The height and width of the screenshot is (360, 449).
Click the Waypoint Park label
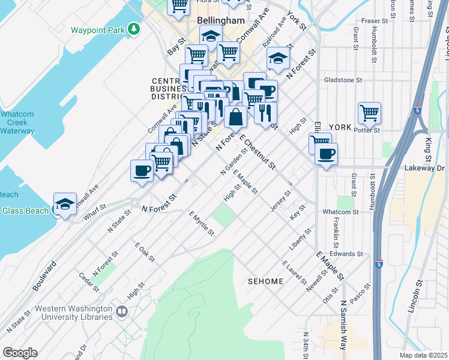tap(97, 29)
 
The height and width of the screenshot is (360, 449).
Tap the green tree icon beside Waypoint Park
tap(136, 29)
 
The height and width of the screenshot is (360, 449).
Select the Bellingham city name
tap(220, 20)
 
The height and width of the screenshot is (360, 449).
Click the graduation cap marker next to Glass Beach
tap(65, 203)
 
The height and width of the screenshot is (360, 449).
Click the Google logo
tap(20, 352)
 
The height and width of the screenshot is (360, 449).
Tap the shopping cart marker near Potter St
tap(369, 112)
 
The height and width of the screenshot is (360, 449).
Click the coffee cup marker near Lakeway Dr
tap(326, 154)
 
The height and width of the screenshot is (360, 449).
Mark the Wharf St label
tap(95, 213)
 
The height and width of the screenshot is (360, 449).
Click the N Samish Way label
tap(343, 321)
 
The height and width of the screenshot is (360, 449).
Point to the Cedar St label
tap(89, 283)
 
